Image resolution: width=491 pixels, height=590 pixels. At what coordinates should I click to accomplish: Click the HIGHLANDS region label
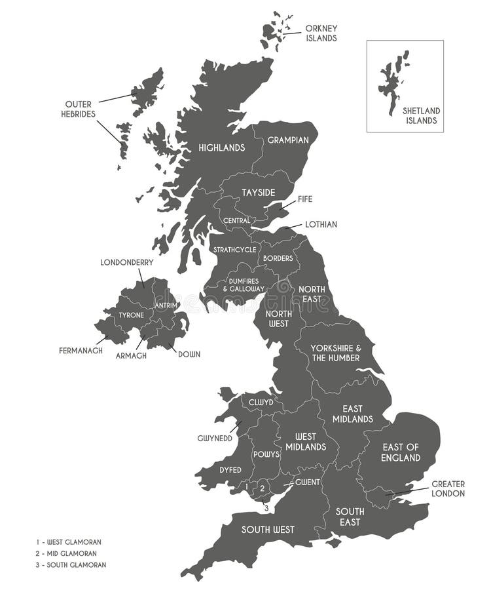click(x=221, y=148)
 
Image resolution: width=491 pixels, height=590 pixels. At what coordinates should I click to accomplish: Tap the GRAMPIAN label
click(x=284, y=140)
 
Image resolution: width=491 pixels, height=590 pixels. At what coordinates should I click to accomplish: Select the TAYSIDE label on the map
click(x=258, y=192)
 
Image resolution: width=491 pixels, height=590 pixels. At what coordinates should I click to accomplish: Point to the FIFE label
click(x=306, y=198)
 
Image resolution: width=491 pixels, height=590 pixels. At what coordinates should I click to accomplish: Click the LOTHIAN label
click(x=321, y=224)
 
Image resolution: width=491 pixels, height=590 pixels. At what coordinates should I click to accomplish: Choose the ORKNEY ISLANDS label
click(x=321, y=33)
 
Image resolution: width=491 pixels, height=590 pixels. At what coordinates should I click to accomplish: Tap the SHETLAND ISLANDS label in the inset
click(x=421, y=115)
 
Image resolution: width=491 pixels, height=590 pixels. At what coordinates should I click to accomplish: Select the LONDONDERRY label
click(x=127, y=262)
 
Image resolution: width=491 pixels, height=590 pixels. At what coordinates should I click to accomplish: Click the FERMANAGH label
click(x=81, y=350)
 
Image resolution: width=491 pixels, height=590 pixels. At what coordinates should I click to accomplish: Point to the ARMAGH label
click(x=131, y=355)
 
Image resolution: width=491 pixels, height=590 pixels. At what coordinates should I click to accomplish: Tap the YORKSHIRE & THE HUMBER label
click(x=335, y=353)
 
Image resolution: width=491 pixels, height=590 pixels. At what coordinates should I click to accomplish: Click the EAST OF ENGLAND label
click(x=401, y=452)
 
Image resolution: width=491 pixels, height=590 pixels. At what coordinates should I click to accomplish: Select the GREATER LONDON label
click(x=448, y=488)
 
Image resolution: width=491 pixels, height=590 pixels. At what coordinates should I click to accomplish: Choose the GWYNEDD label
click(x=215, y=438)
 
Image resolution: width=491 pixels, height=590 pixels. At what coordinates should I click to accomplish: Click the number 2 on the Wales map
click(x=262, y=488)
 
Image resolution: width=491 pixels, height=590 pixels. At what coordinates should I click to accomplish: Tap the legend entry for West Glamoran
click(x=69, y=542)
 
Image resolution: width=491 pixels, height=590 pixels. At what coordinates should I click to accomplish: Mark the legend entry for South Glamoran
click(x=71, y=564)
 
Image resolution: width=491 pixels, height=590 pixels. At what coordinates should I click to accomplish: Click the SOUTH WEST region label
click(x=268, y=530)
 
